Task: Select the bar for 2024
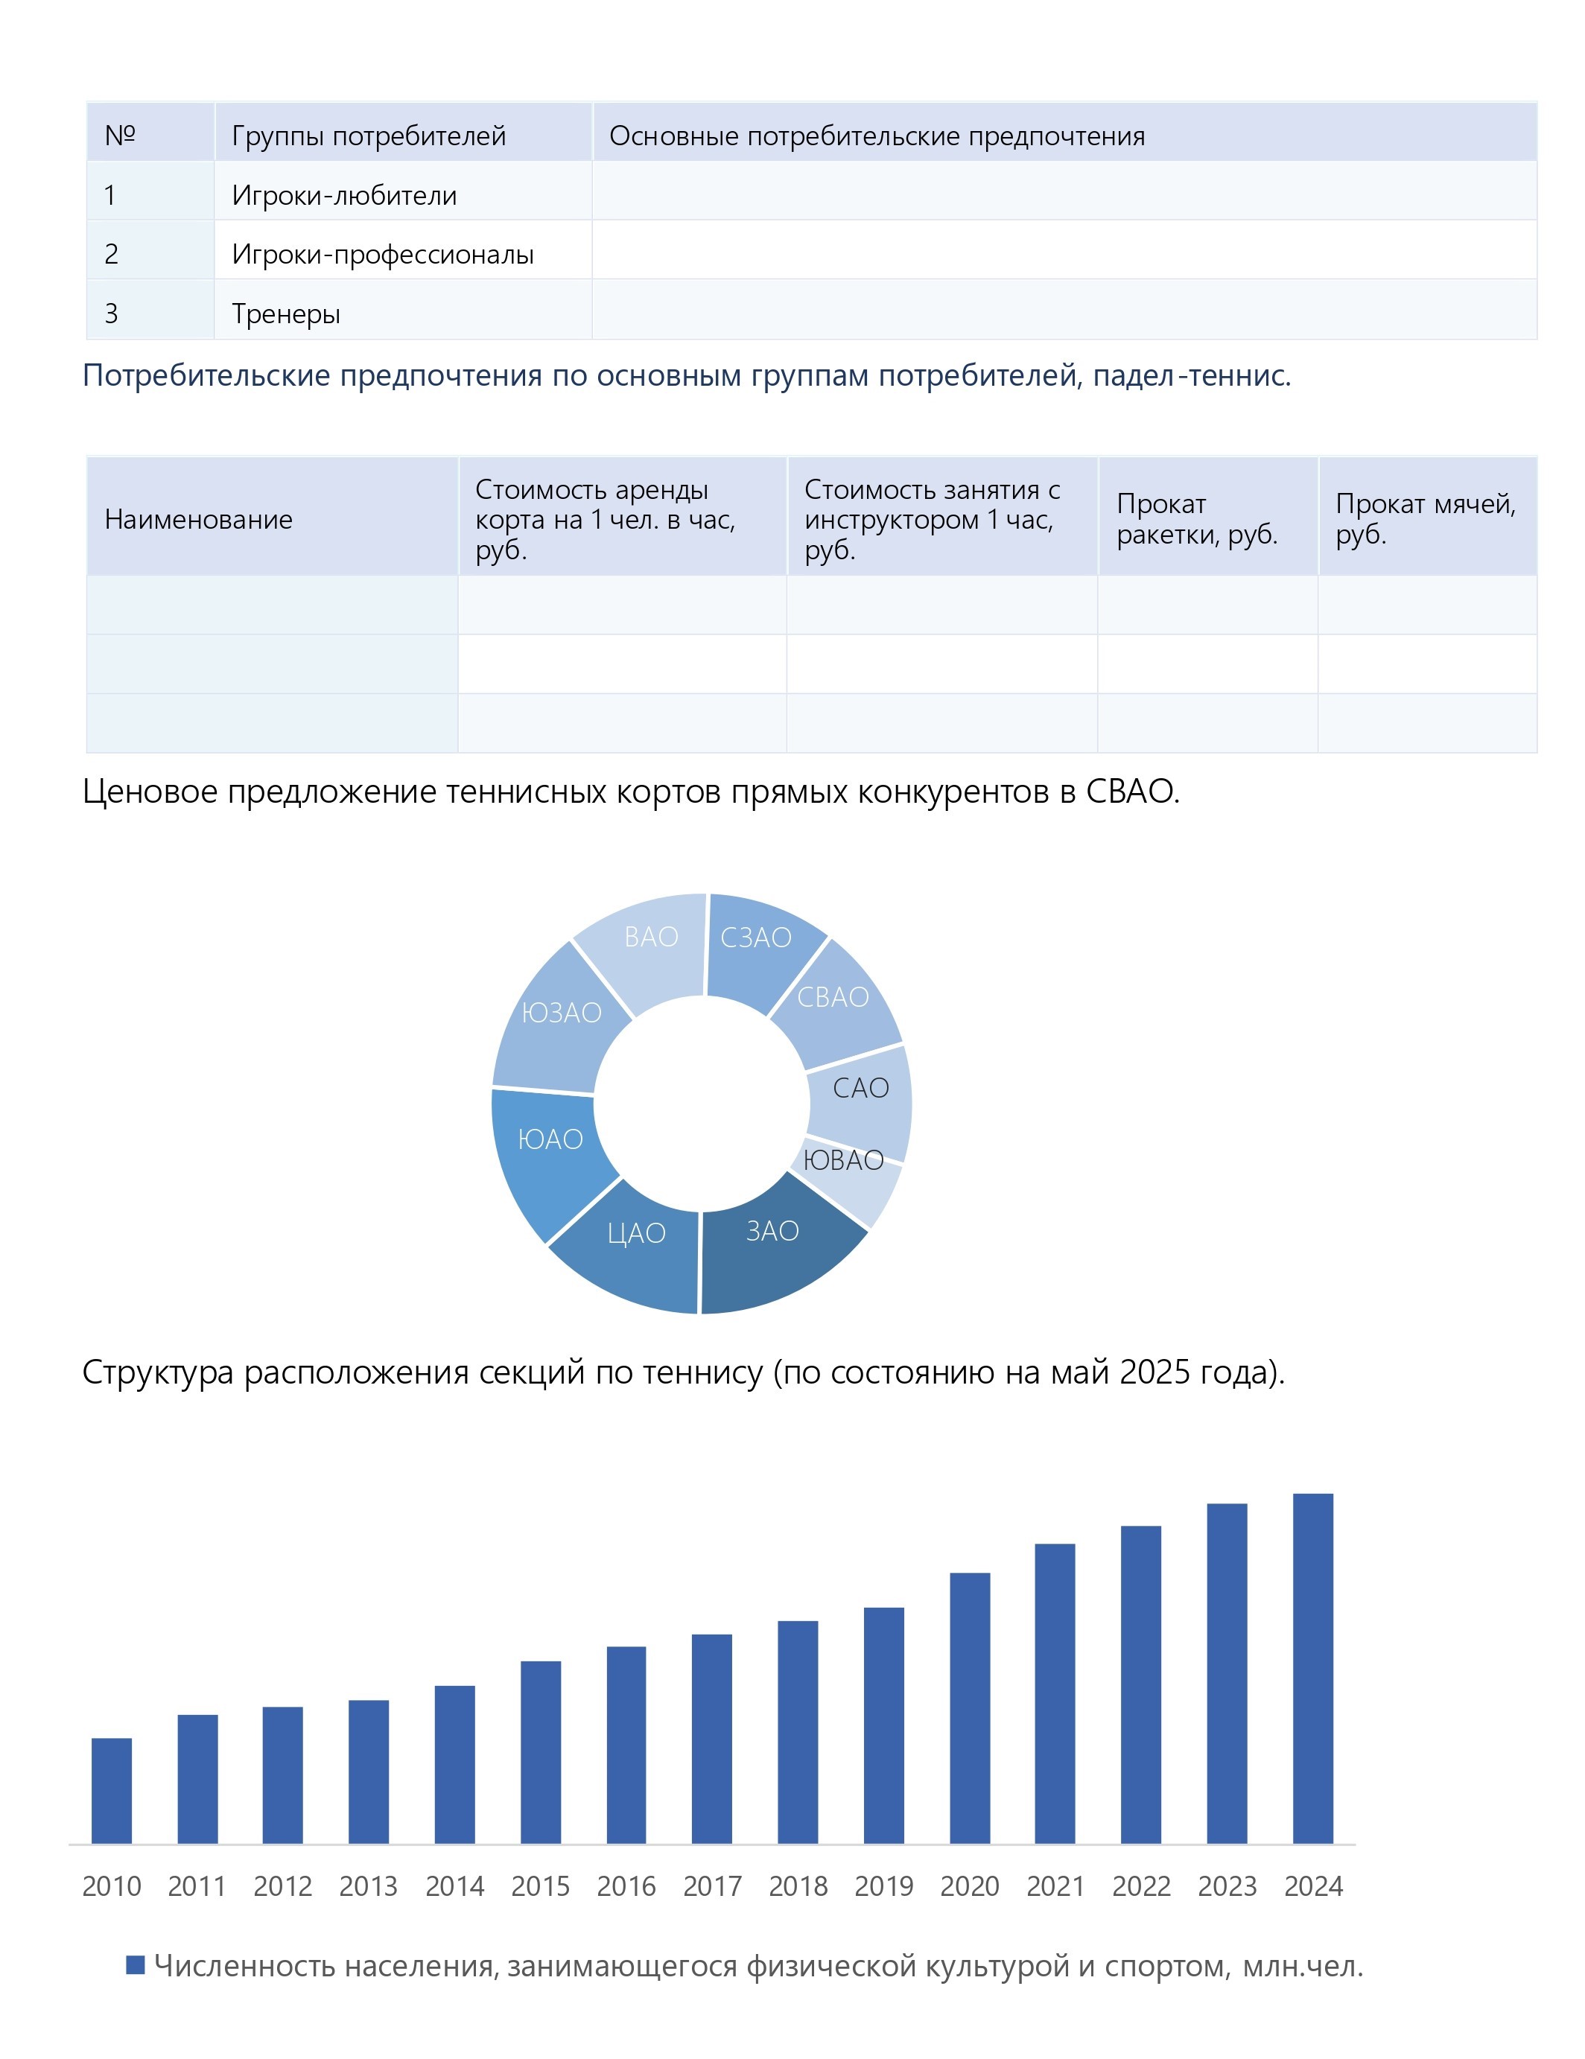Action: click(x=1312, y=1668)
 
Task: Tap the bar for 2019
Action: click(x=883, y=1725)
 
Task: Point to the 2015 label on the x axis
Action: click(x=540, y=1885)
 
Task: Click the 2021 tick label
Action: click(x=1055, y=1885)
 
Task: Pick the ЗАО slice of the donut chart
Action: click(x=778, y=1244)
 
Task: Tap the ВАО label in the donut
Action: click(x=650, y=937)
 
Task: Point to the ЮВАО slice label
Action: click(x=843, y=1160)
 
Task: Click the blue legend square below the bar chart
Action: click(x=135, y=1964)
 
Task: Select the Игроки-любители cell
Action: click(x=344, y=195)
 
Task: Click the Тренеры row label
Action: click(x=286, y=313)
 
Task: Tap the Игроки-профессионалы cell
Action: click(x=383, y=255)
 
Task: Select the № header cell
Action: click(x=120, y=136)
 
